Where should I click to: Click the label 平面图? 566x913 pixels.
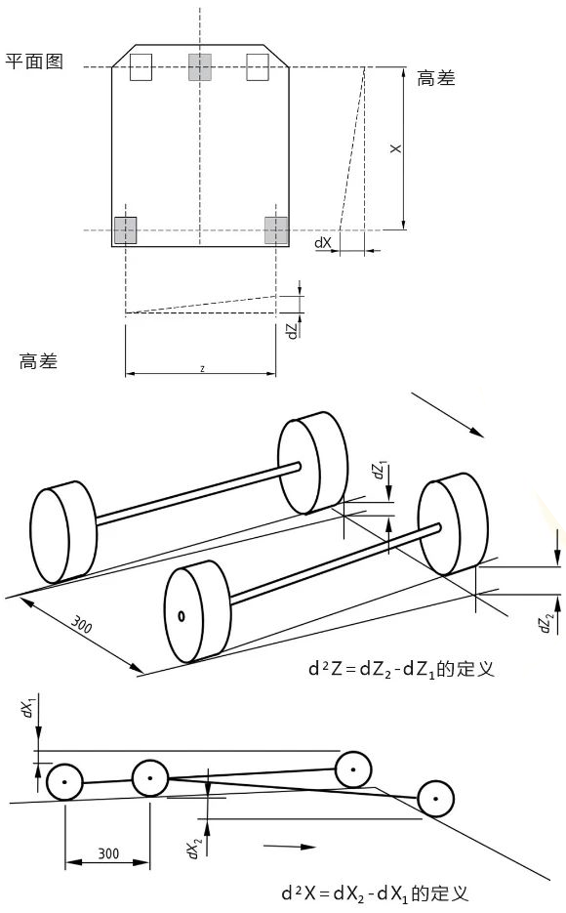(x=34, y=62)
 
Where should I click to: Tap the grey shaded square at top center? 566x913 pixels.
(x=199, y=67)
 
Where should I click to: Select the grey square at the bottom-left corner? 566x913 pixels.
(x=125, y=230)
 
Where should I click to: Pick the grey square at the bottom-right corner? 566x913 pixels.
(x=276, y=230)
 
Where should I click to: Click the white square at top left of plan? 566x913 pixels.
(x=141, y=67)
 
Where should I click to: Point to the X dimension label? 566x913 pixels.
(x=395, y=149)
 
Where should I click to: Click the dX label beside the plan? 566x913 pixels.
(x=323, y=242)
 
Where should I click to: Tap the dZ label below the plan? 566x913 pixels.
(x=292, y=330)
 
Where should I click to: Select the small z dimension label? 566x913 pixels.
(x=202, y=368)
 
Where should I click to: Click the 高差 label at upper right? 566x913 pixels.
(x=435, y=78)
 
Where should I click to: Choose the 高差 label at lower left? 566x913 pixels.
(x=38, y=361)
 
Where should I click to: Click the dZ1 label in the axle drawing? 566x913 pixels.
(x=381, y=470)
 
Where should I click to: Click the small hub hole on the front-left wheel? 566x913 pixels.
(x=182, y=616)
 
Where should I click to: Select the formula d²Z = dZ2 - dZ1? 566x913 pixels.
(x=401, y=668)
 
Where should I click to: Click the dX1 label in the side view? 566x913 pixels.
(x=28, y=708)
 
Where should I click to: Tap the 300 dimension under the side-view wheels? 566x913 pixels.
(x=108, y=853)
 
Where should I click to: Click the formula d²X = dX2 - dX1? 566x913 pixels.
(x=375, y=892)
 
